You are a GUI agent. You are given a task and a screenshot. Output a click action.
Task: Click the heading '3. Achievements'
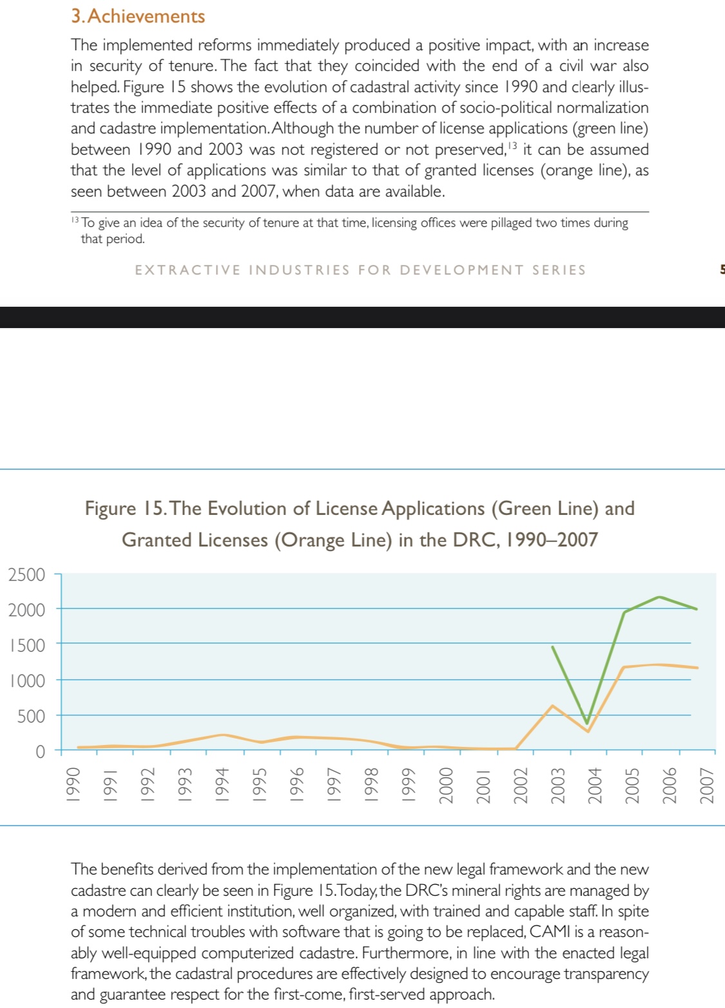point(138,16)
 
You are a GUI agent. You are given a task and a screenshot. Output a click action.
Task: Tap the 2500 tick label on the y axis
point(26,574)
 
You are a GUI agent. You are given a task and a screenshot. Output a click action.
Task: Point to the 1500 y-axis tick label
point(26,645)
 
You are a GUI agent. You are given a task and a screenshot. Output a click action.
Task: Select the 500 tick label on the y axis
point(31,716)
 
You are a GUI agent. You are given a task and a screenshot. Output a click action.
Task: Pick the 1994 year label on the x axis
point(222,786)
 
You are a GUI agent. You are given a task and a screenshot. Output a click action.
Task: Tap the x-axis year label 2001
point(483,786)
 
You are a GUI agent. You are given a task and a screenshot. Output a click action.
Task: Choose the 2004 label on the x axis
point(594,786)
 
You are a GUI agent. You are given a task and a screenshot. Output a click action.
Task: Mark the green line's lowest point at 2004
point(586,723)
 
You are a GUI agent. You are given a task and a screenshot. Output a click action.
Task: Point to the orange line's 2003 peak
point(552,706)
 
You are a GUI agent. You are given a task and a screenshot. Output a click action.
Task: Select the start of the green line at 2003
point(552,646)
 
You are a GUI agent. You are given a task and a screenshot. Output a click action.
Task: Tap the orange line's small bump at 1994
point(222,735)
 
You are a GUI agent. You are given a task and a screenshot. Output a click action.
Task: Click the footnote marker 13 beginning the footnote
point(75,220)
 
